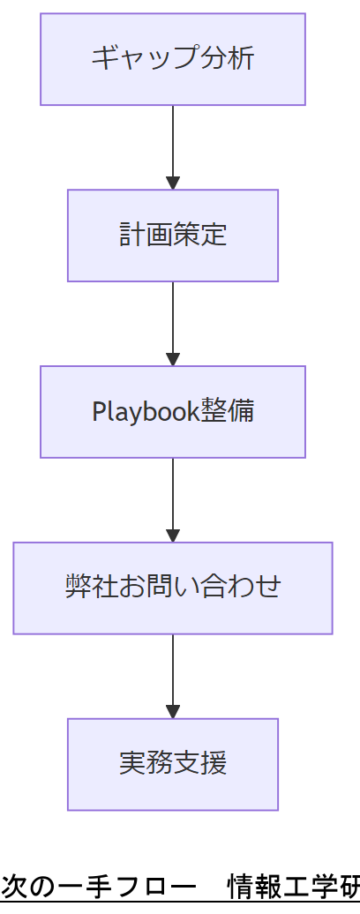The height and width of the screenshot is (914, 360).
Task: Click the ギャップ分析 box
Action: tap(173, 59)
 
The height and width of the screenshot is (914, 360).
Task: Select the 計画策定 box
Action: tap(173, 236)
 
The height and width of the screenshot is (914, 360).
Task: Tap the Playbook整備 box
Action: tap(173, 412)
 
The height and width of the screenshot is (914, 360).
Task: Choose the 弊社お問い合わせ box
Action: tap(173, 588)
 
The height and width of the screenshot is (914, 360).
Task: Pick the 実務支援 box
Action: tap(173, 764)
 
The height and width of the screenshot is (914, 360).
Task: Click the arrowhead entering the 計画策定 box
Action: tap(173, 184)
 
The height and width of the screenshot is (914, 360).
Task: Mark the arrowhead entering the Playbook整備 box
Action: tap(173, 360)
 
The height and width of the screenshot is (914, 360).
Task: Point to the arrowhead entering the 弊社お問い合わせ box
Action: tap(173, 536)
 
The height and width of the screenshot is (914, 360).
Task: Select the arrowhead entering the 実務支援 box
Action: tap(173, 712)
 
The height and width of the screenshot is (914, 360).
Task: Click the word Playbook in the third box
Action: tap(146, 412)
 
